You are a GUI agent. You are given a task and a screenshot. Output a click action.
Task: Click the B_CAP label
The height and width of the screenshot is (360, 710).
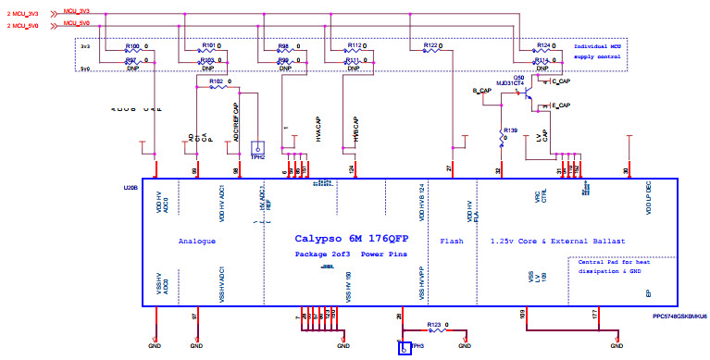[481, 91]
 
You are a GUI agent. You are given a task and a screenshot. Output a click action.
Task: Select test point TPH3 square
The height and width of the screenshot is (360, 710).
[404, 349]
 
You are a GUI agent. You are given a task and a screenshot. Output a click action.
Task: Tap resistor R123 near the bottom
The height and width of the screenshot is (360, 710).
[435, 327]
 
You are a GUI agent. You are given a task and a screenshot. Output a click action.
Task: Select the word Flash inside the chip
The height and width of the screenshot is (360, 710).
[452, 241]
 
